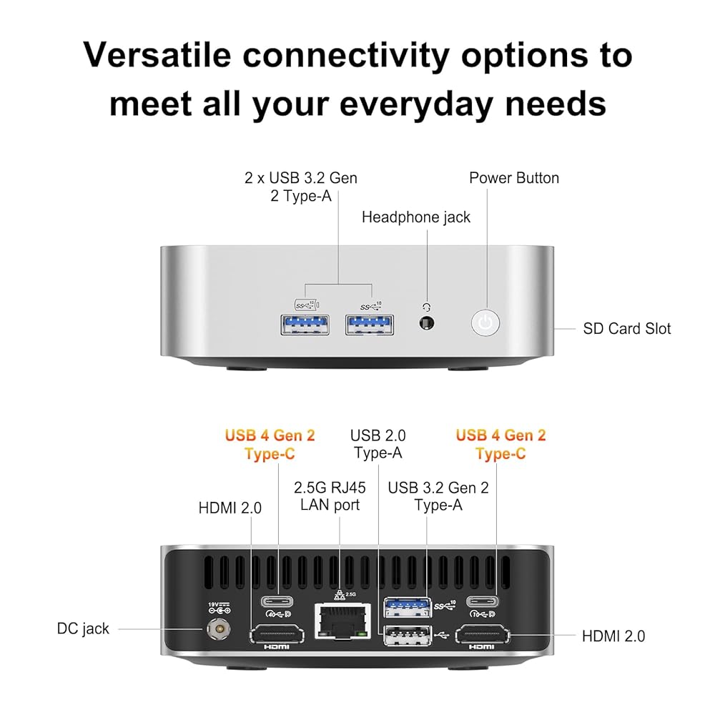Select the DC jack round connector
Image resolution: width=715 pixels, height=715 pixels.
(x=217, y=628)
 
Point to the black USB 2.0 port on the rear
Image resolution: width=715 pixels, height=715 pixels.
(x=408, y=634)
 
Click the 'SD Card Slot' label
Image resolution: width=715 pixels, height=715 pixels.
(x=627, y=328)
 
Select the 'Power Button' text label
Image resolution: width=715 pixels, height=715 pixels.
(x=514, y=178)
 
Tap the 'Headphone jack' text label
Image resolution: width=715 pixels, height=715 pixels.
(x=416, y=217)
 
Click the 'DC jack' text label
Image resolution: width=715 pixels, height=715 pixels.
(x=83, y=628)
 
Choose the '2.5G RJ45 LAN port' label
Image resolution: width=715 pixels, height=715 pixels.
(x=330, y=496)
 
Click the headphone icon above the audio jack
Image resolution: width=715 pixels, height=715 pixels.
(x=428, y=306)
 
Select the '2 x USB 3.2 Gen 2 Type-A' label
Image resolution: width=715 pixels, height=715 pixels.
(x=300, y=186)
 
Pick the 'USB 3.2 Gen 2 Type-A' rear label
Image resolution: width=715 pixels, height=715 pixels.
(x=438, y=496)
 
